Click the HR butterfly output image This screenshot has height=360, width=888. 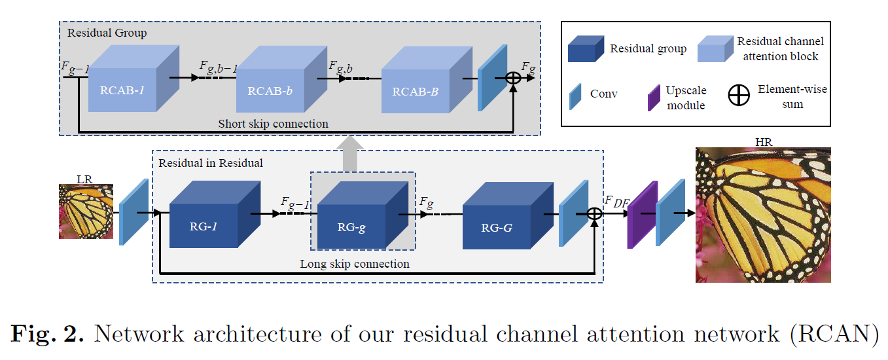point(762,214)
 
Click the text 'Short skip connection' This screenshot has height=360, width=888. point(273,123)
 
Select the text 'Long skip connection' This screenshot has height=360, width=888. point(355,264)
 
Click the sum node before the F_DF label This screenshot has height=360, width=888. point(594,213)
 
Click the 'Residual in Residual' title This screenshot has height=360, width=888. point(211,162)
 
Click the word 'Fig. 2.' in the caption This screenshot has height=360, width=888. point(47,334)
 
